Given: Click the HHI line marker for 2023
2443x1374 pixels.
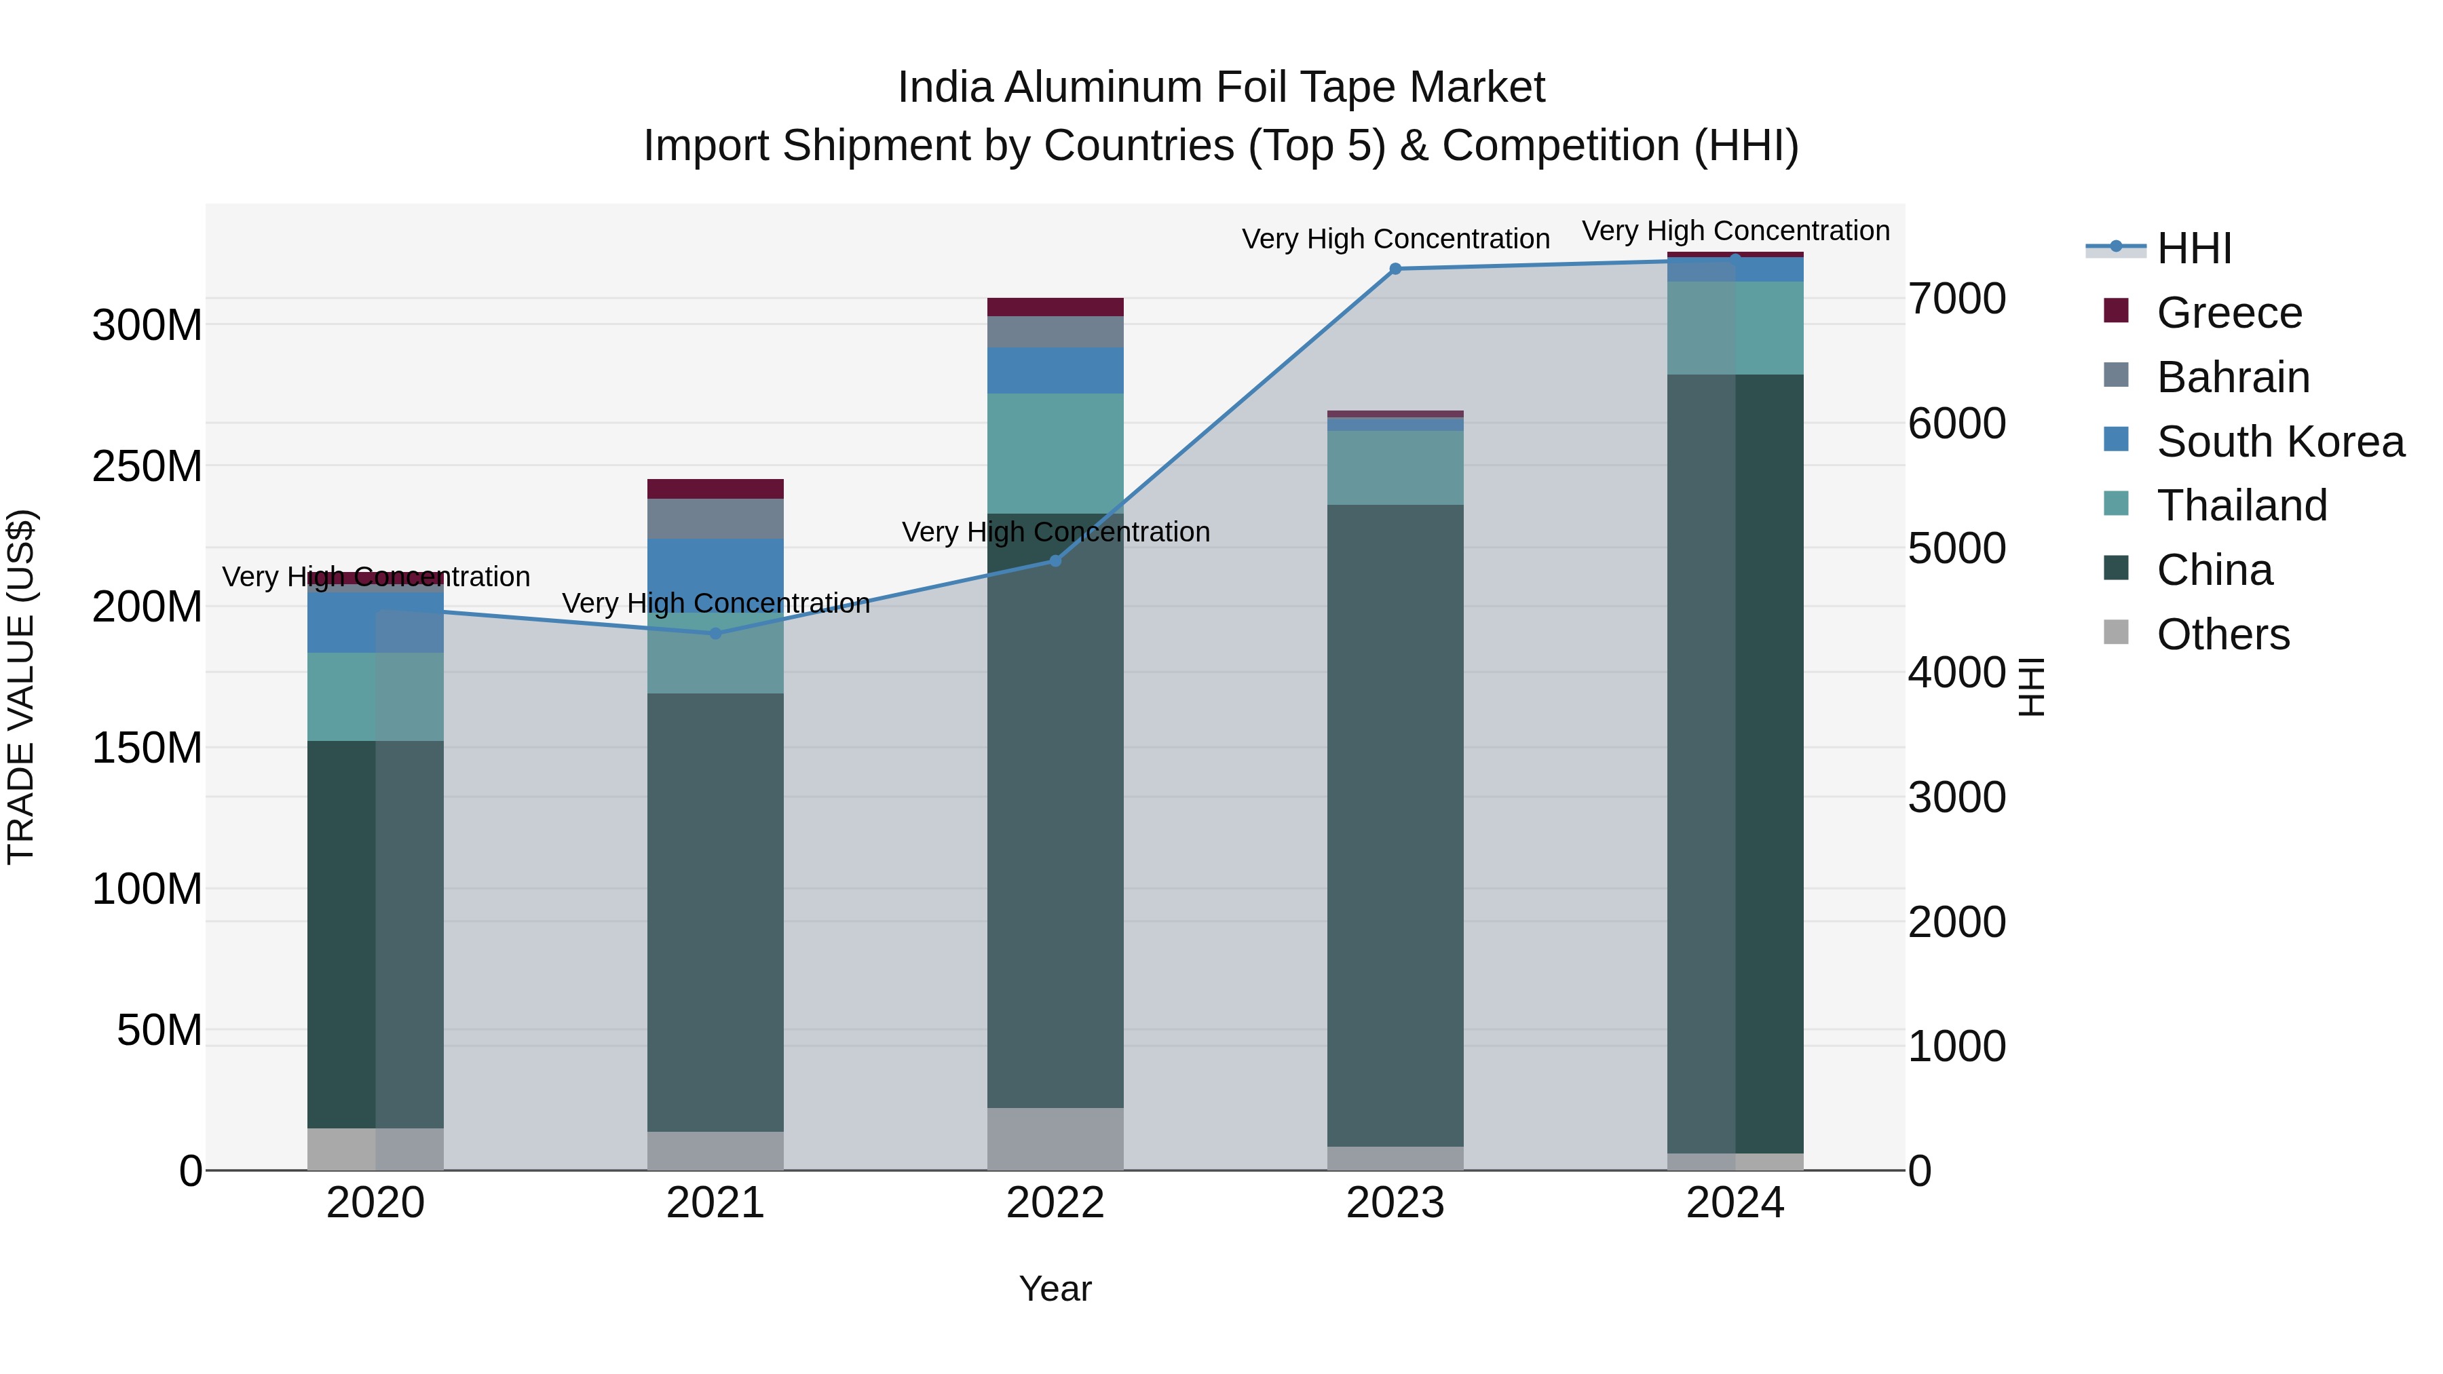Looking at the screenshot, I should (1395, 269).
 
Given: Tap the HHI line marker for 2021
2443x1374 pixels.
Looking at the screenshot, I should (716, 634).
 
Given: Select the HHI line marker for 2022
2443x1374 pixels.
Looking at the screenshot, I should (1055, 560).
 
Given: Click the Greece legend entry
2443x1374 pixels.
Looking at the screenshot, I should (2229, 313).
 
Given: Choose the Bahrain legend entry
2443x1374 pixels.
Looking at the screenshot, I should (2233, 377).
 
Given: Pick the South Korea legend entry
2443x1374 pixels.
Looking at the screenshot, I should (2280, 442).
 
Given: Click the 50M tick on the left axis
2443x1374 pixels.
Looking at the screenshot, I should (159, 1031).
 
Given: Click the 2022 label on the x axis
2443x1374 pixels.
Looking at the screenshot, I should (1055, 1203).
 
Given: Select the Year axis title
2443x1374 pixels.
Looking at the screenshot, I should (1055, 1290).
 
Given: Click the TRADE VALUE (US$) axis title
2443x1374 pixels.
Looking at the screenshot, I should (21, 687).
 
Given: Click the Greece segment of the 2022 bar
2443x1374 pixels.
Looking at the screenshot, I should (1055, 307).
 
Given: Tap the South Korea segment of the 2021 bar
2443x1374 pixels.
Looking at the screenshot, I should (716, 569).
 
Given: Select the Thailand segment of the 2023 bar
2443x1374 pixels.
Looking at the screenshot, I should (1395, 468).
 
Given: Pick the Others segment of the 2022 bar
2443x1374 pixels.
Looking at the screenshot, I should (1055, 1139).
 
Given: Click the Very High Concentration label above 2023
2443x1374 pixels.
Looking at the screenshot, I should (1395, 239).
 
